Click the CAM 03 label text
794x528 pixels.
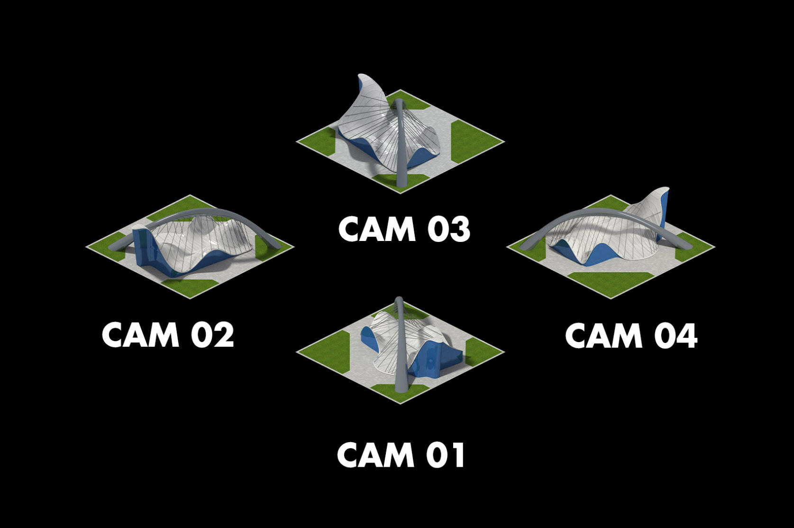(x=404, y=230)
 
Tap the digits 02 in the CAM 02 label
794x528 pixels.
(x=212, y=335)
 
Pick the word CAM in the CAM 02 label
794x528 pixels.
(x=140, y=335)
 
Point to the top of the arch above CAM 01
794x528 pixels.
(x=399, y=302)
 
